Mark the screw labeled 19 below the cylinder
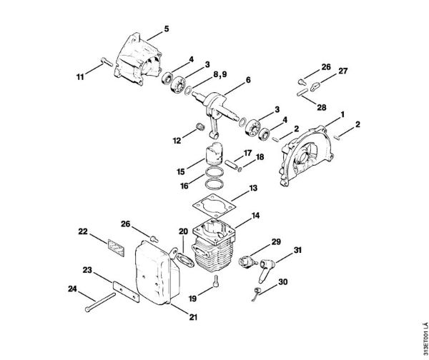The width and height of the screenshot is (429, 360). (215, 288)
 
